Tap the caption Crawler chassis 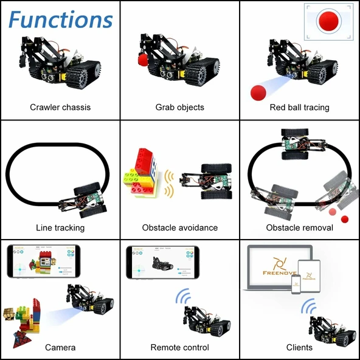click(60, 107)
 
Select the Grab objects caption click(179, 107)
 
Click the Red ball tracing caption click(299, 107)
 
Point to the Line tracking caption click(60, 227)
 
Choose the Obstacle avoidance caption click(179, 227)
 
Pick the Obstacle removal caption click(299, 227)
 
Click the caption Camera click(60, 347)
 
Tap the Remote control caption click(179, 347)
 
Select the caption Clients click(299, 347)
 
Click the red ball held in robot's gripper click(143, 60)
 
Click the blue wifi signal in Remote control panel click(182, 296)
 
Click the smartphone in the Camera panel click(43, 266)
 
